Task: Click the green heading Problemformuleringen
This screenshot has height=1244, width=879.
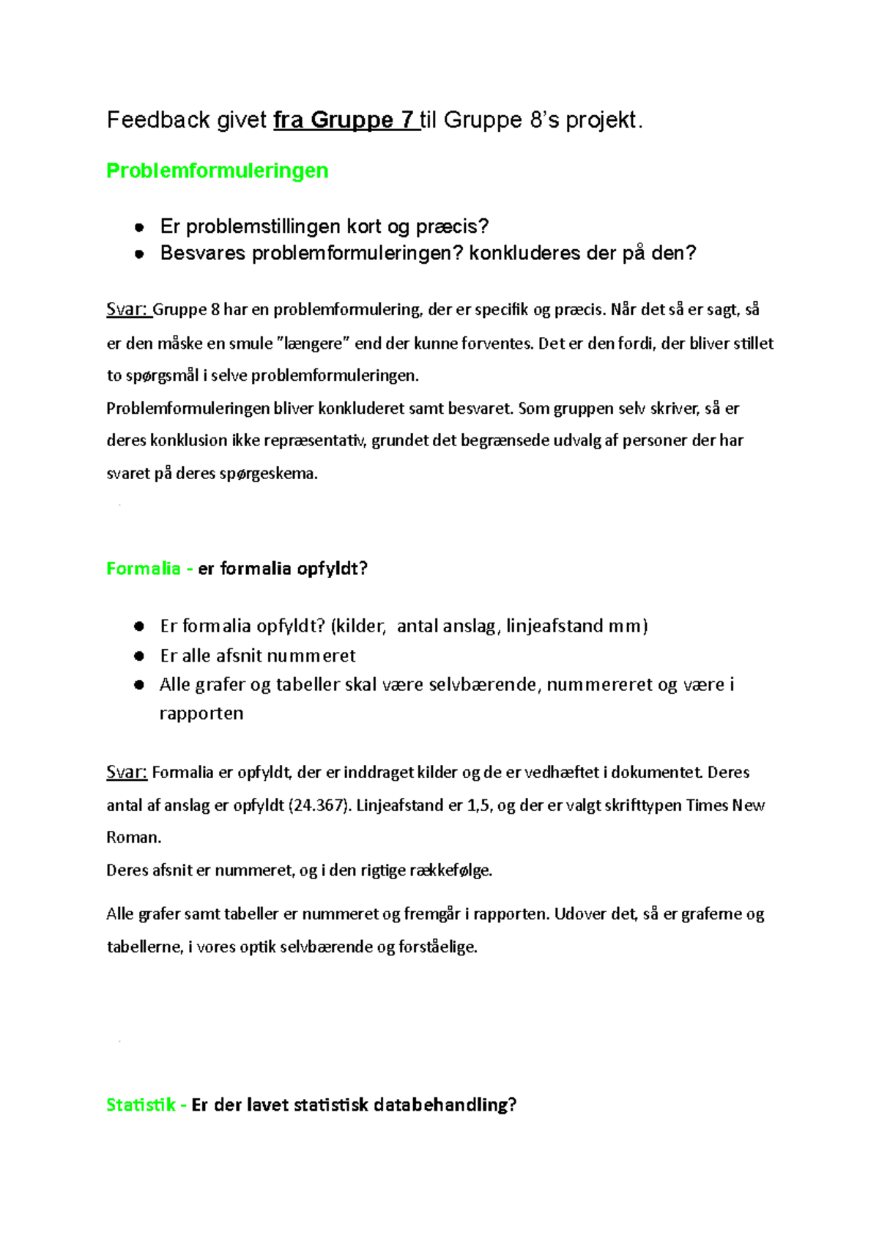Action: [217, 171]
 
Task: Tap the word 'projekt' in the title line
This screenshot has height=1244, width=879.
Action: [601, 120]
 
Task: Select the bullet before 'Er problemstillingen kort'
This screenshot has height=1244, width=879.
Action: [139, 227]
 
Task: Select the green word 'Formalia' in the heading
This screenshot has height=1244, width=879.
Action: [144, 569]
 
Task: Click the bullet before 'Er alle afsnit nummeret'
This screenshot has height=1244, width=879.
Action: [139, 656]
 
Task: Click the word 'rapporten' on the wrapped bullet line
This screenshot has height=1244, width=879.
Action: [201, 714]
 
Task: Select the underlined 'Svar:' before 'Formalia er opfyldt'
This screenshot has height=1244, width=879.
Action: [127, 772]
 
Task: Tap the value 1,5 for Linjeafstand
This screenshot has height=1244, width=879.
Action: [478, 805]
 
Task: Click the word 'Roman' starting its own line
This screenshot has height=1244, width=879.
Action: [132, 837]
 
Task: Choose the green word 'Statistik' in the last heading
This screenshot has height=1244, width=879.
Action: [141, 1105]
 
